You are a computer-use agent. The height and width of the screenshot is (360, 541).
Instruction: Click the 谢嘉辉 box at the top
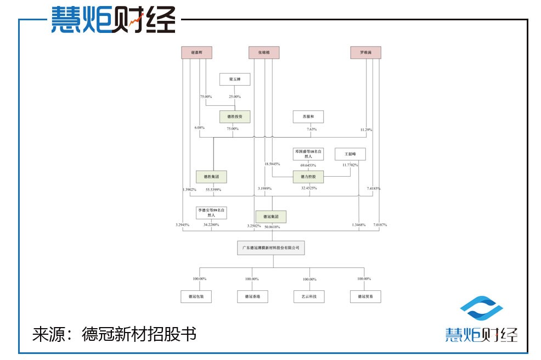tap(196, 53)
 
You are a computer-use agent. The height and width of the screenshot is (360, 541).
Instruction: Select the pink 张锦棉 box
tap(264, 53)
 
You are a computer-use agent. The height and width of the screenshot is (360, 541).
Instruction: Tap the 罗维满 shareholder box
tap(365, 53)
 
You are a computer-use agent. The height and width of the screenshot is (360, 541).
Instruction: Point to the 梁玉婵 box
tap(235, 80)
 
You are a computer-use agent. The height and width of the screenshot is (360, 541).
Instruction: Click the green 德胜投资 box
tap(235, 116)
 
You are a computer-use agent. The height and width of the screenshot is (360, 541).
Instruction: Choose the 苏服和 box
tap(308, 116)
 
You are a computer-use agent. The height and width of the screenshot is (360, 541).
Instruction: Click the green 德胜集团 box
tap(211, 177)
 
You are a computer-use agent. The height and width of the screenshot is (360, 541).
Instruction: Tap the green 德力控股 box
tap(308, 177)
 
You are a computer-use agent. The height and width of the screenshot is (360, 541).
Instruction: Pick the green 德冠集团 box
tap(272, 216)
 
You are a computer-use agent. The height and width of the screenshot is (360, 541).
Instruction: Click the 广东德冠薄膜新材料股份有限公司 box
tap(272, 248)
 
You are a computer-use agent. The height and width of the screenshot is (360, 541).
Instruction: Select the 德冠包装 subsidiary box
tap(196, 296)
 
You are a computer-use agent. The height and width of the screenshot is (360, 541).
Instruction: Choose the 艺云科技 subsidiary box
tap(309, 296)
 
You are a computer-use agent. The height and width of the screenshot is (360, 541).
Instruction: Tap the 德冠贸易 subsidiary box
tap(365, 296)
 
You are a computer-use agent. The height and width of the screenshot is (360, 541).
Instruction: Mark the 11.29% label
tap(366, 130)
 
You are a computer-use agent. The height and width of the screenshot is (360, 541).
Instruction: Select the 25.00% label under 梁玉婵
tap(235, 97)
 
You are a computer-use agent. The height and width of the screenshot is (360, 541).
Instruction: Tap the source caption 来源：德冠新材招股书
tap(114, 334)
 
